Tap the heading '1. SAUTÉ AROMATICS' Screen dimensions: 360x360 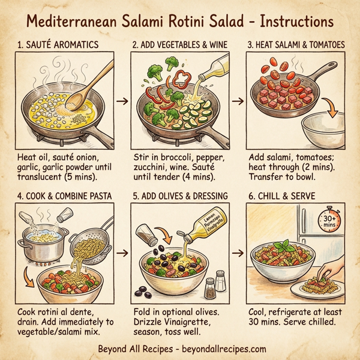click(59, 46)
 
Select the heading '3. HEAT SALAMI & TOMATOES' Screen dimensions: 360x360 click(296, 46)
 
